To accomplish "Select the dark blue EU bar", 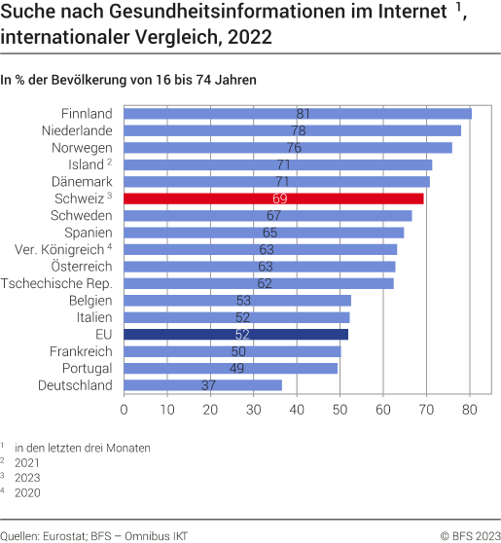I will pos(236,334).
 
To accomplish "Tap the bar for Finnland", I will pos(298,114).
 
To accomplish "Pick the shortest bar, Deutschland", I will pos(203,385).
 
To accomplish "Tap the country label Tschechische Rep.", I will pos(57,283).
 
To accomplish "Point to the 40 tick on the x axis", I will pos(297,410).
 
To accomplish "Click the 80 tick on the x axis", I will pos(470,410).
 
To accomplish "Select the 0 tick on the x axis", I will pos(125,410).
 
